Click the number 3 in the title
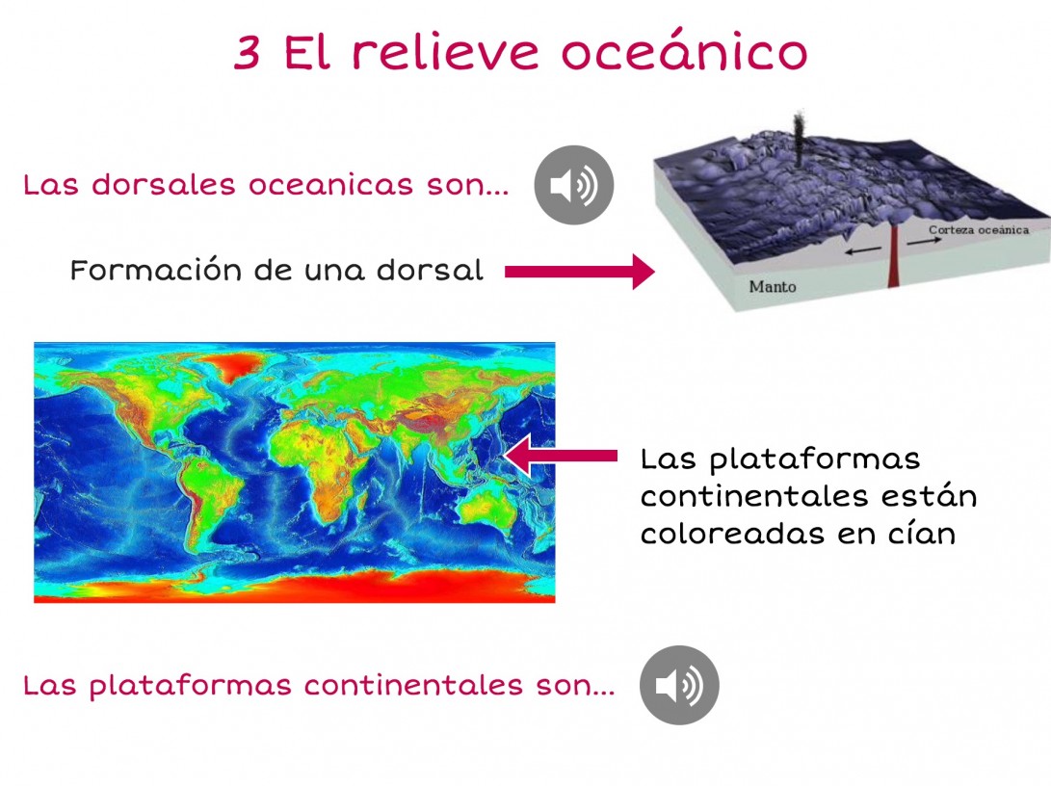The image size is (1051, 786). point(248,52)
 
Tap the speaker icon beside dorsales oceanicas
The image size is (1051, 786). point(574,185)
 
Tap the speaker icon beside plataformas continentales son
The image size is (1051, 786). point(679,685)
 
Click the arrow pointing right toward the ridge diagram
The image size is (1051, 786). point(580,272)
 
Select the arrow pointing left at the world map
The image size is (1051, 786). point(561,456)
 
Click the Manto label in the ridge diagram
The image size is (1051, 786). point(773,287)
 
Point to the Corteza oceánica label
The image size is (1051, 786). point(979,230)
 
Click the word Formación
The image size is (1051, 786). point(155,270)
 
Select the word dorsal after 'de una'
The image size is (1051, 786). point(430,270)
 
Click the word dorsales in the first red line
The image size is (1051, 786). point(164,184)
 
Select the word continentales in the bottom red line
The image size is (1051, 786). point(413,685)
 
